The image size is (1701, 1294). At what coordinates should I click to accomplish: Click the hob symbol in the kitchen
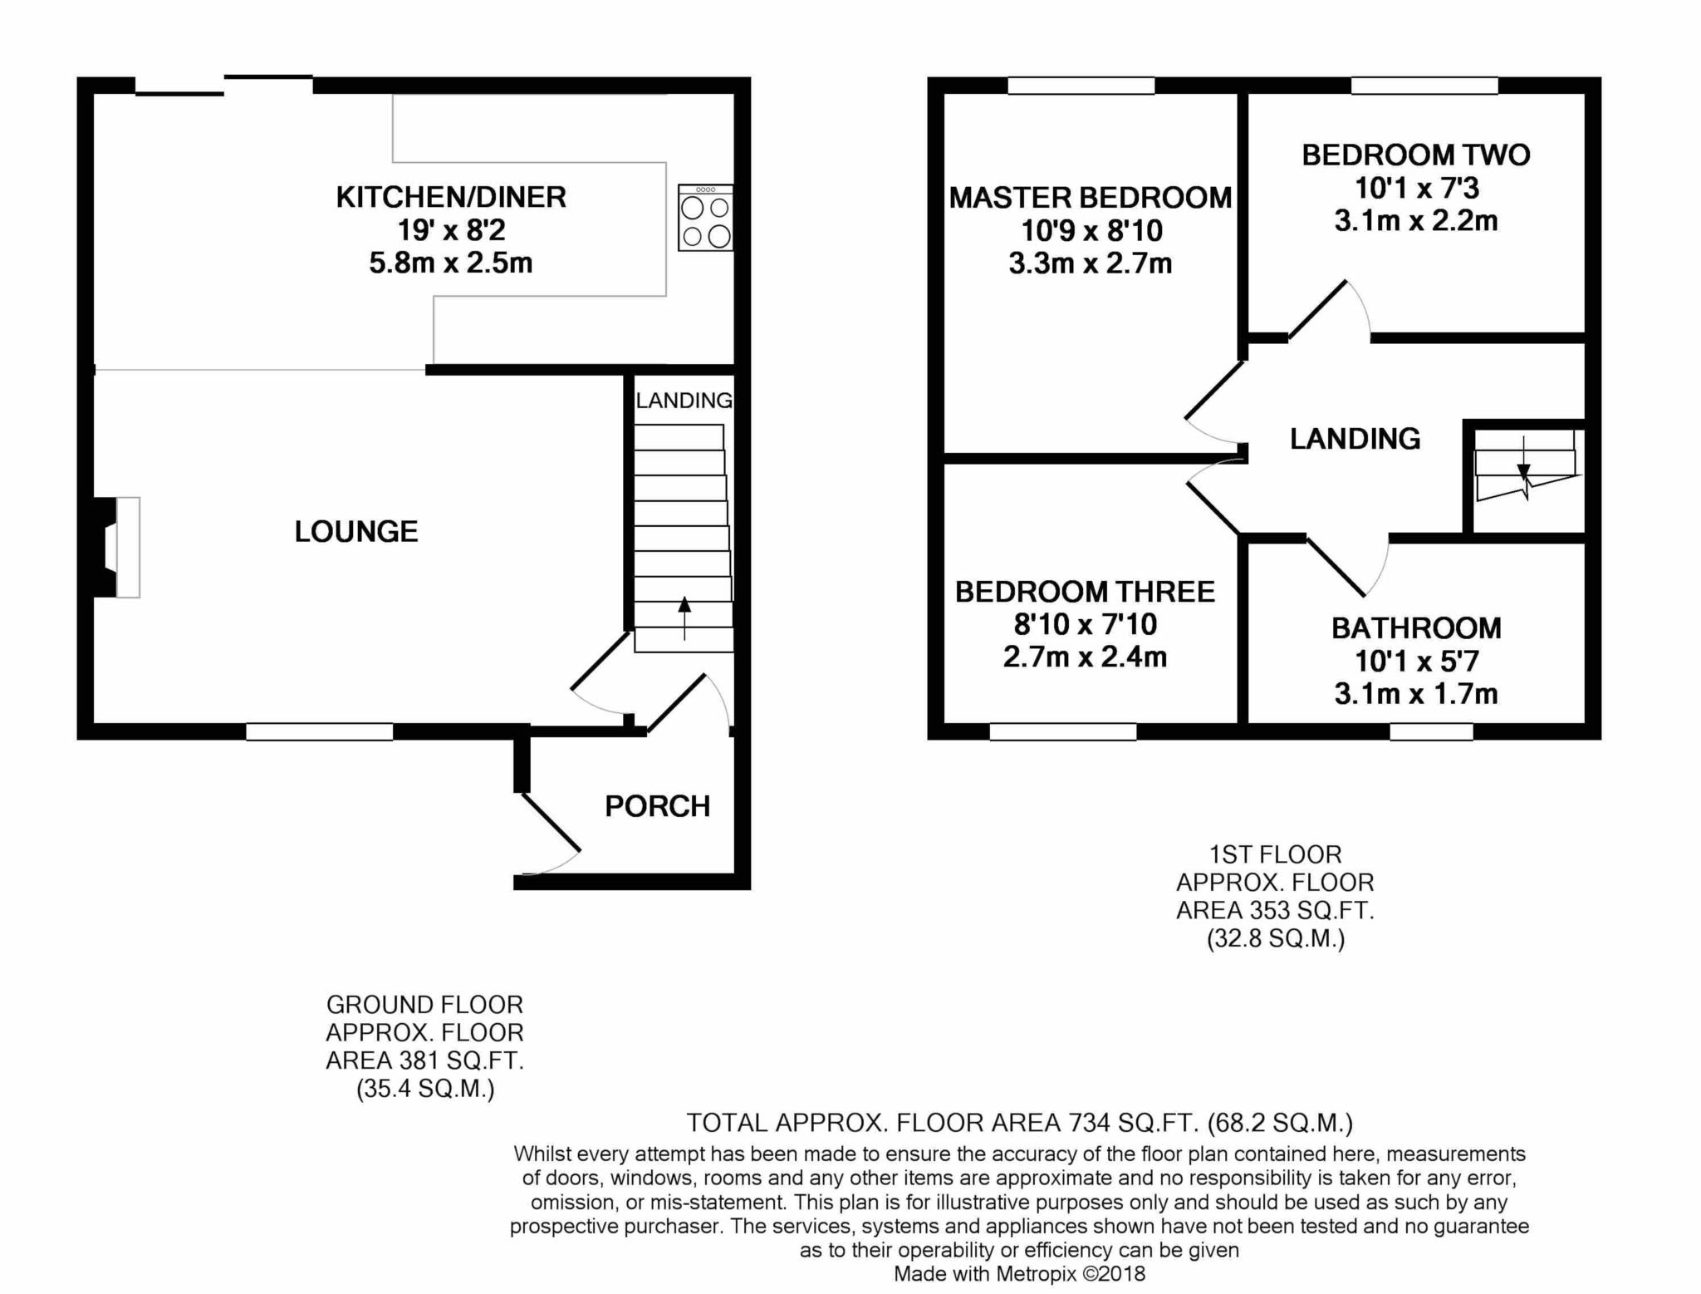point(705,218)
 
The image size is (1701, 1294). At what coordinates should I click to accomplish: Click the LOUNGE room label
point(356,532)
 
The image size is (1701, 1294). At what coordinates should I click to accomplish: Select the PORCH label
point(657,806)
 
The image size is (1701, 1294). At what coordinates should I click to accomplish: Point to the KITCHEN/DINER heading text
point(451,197)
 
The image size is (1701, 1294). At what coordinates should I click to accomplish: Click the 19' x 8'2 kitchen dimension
point(451,230)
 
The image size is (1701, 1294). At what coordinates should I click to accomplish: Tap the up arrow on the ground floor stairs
point(684,617)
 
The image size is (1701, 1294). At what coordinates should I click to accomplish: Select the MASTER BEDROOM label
point(1091,198)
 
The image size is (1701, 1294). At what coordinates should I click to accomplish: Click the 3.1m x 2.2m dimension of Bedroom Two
point(1416,221)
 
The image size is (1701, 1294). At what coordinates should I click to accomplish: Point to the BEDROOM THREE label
point(1085,592)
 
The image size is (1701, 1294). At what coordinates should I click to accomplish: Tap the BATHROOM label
point(1416,628)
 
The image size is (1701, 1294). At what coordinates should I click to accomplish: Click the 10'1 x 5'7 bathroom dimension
point(1416,662)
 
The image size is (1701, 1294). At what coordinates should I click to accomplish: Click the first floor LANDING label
point(1355,439)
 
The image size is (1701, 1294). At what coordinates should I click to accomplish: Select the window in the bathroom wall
point(1432,731)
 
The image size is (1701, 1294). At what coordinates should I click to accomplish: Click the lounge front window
point(319,731)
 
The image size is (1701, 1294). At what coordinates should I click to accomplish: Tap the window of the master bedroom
point(1081,86)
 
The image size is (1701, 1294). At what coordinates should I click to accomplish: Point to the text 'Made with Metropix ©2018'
point(1019,1273)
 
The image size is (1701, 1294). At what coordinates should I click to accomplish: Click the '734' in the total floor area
point(1089,1124)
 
